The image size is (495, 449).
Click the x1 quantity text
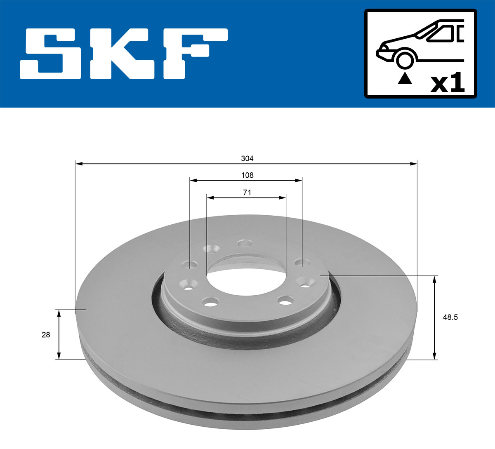click(x=448, y=83)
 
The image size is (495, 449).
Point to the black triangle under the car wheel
click(x=405, y=78)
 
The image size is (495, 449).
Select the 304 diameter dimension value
click(x=247, y=158)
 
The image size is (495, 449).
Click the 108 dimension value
click(x=247, y=175)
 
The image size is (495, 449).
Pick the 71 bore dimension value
click(x=247, y=193)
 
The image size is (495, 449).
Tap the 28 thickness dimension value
click(x=46, y=335)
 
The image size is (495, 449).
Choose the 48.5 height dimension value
click(x=450, y=317)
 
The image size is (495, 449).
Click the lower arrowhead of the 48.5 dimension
click(x=434, y=355)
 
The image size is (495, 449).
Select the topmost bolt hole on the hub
click(x=245, y=243)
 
